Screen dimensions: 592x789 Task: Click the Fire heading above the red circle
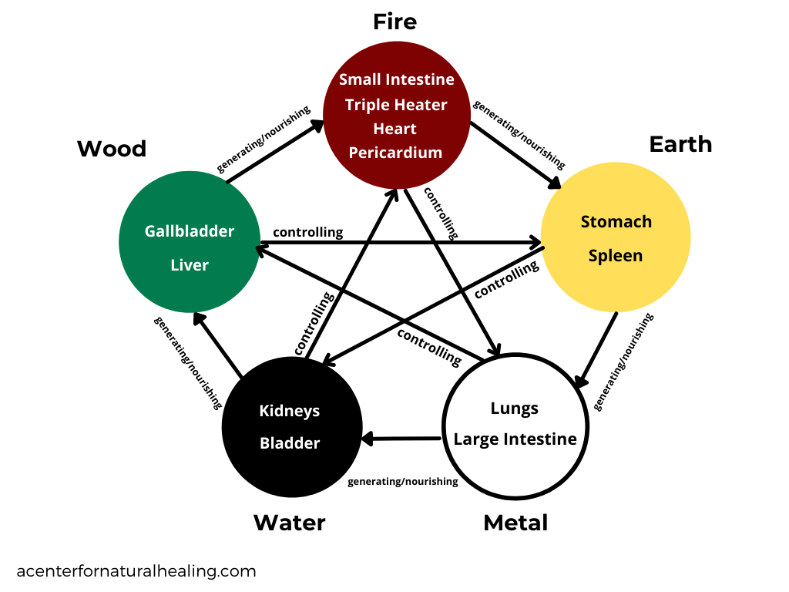click(394, 22)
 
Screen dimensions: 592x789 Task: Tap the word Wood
click(112, 148)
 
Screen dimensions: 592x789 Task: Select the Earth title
click(680, 144)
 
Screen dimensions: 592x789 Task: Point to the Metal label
click(515, 523)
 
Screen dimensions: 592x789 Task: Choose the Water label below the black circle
click(289, 523)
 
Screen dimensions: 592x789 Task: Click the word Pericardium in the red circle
click(395, 153)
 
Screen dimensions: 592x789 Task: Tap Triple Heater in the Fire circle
click(396, 104)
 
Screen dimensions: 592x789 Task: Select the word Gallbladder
click(190, 231)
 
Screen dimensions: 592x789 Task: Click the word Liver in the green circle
click(190, 265)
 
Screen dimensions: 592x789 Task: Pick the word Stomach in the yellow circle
click(616, 222)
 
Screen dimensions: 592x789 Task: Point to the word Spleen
click(616, 256)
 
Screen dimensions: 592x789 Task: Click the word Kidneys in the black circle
click(289, 411)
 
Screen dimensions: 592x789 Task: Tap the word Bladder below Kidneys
click(289, 443)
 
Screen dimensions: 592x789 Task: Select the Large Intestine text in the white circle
click(515, 439)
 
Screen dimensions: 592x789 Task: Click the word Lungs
click(515, 409)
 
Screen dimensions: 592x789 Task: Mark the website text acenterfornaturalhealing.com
click(136, 571)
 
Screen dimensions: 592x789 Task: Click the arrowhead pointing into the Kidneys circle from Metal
click(368, 439)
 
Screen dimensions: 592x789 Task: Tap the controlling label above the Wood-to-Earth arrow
click(307, 232)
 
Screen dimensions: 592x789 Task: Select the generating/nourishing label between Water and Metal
click(402, 482)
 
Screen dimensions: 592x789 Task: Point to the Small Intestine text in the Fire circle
click(396, 79)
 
